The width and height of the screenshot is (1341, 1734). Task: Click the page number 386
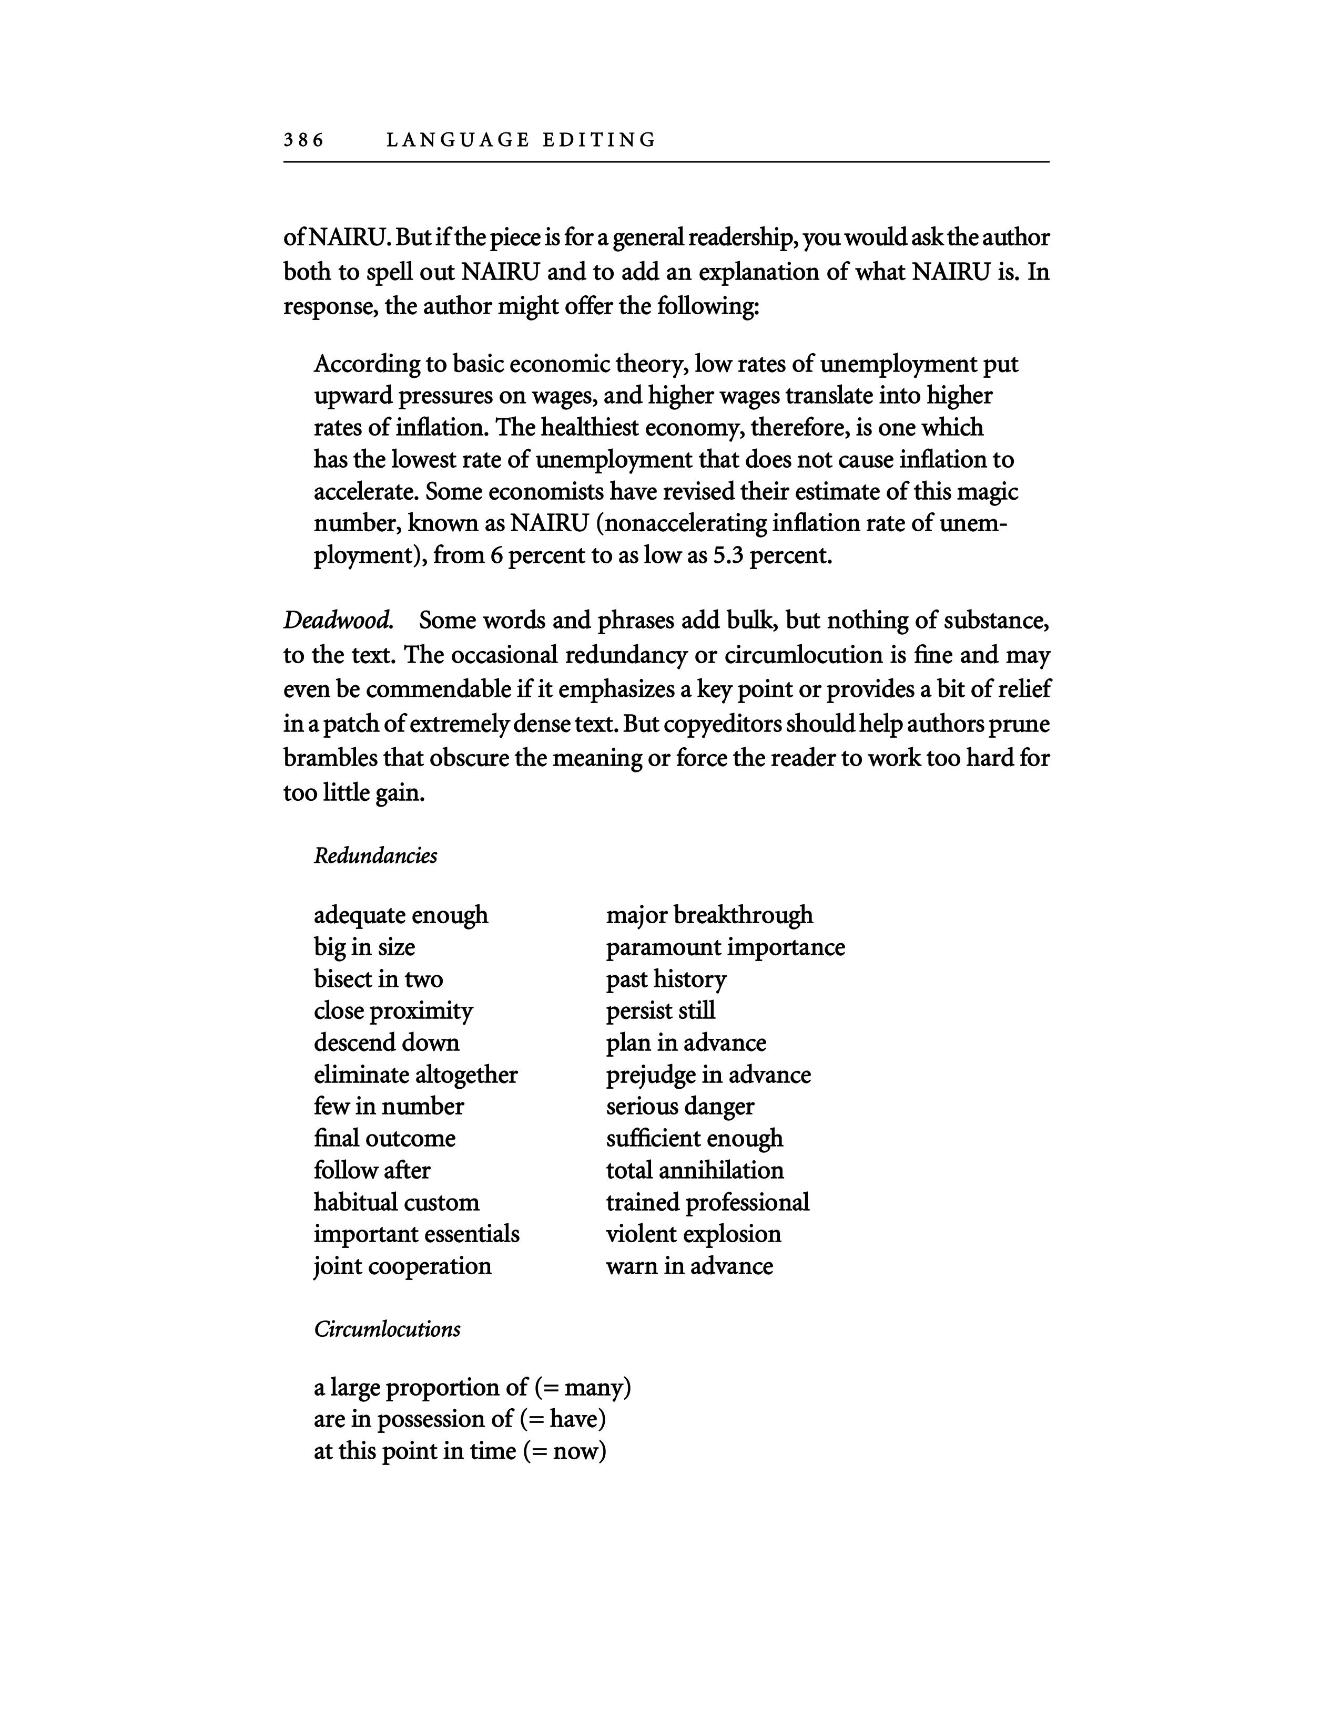coord(303,140)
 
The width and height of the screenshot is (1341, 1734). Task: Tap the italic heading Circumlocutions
coord(387,1329)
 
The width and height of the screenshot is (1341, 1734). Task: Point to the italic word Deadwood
coord(339,620)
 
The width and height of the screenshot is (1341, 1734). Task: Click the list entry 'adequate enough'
coord(400,915)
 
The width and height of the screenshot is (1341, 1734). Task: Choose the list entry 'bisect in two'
coord(378,979)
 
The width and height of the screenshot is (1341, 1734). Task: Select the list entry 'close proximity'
coord(393,1010)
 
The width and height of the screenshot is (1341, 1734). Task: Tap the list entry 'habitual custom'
coord(397,1202)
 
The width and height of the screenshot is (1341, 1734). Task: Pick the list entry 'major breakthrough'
coord(709,915)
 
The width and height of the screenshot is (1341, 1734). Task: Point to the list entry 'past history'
coord(666,979)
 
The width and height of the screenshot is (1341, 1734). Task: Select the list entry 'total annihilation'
coord(694,1170)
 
